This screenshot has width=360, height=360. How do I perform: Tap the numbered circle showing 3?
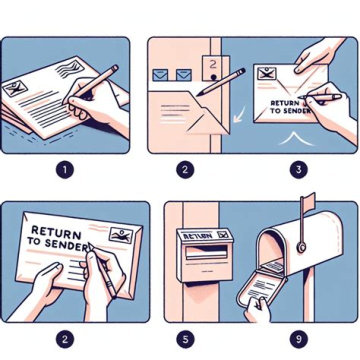(x=298, y=169)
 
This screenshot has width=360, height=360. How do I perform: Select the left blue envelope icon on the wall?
(x=159, y=75)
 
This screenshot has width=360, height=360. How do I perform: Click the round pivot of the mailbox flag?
(x=301, y=246)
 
